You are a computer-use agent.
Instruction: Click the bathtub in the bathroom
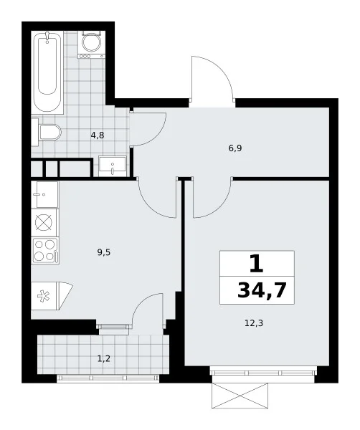click(47, 72)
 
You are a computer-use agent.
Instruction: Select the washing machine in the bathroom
click(92, 44)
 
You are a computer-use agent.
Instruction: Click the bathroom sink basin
click(113, 166)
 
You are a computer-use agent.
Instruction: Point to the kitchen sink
click(44, 194)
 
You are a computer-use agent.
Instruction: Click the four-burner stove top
click(45, 251)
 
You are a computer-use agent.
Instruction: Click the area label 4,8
click(98, 135)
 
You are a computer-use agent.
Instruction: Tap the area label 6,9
click(235, 148)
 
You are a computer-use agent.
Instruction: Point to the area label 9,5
click(104, 252)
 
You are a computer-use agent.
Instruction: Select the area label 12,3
click(254, 323)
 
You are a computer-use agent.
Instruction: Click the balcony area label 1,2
click(104, 358)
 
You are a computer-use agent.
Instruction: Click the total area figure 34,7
click(262, 290)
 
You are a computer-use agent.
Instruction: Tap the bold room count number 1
click(257, 264)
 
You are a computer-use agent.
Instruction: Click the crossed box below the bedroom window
click(240, 395)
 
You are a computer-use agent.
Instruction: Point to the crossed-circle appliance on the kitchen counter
click(44, 222)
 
